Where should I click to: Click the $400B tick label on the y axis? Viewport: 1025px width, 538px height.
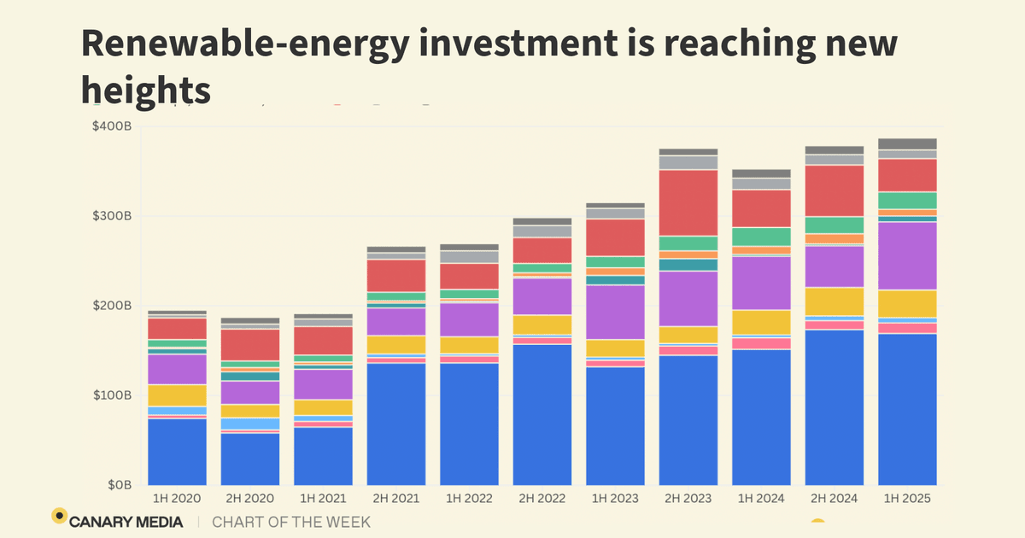coord(113,127)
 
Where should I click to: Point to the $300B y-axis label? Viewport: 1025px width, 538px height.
coord(113,216)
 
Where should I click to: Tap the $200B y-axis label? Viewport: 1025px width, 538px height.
coord(113,306)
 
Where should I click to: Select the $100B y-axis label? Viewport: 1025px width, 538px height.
coord(113,395)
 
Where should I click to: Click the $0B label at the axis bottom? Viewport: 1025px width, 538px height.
coord(119,485)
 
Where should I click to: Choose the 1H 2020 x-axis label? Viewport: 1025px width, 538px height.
coord(177,499)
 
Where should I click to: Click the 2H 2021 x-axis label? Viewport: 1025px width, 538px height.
coord(396,499)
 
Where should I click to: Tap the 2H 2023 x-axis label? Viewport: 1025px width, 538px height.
coord(688,499)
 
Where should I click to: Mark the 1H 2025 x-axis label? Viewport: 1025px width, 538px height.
coord(907,499)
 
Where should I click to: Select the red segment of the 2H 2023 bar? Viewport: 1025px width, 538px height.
coord(688,202)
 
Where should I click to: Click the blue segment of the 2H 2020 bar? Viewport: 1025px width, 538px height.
coord(250,459)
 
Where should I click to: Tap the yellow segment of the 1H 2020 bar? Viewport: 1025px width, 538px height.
coord(177,395)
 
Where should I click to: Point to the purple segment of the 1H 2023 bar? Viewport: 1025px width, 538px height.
coord(615,312)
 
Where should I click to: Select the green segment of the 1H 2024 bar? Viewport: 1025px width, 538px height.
coord(761,237)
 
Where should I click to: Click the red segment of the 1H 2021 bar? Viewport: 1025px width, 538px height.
coord(323,340)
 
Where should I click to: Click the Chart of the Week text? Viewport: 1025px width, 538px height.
coord(291,521)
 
